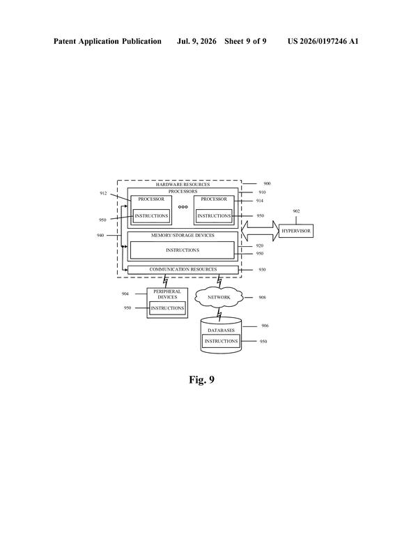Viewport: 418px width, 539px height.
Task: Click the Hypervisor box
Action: [295, 231]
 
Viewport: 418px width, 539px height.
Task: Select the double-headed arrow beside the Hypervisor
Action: [260, 231]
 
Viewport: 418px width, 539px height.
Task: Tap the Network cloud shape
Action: [219, 297]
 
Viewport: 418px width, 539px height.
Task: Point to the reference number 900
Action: [267, 183]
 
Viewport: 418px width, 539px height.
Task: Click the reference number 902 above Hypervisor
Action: [296, 211]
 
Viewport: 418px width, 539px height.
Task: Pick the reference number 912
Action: [103, 193]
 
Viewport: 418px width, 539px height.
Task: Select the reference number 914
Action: [260, 201]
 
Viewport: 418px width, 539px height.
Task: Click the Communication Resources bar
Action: [183, 270]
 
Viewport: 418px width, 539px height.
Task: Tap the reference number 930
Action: [262, 270]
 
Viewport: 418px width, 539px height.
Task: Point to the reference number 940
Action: [100, 236]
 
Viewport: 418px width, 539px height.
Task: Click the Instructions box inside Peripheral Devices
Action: [168, 308]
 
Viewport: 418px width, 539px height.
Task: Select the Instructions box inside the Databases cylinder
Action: [222, 342]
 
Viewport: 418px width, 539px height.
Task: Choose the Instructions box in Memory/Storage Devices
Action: [183, 250]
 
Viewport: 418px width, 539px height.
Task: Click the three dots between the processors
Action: [183, 207]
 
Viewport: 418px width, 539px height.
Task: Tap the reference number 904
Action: [125, 294]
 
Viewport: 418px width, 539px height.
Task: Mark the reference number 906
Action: [265, 326]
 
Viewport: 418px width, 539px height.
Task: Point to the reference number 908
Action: [262, 297]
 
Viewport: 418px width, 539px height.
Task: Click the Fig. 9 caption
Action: [201, 380]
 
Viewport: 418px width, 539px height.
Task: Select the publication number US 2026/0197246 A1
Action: [323, 42]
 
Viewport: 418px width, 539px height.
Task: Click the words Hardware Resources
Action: [183, 185]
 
